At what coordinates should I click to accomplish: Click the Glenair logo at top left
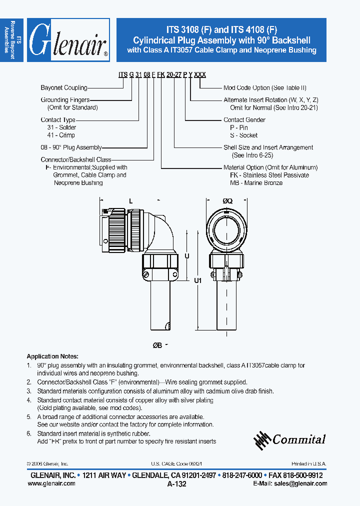(68, 40)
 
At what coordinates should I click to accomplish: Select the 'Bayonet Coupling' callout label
(64, 88)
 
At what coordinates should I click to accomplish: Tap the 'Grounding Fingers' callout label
(65, 100)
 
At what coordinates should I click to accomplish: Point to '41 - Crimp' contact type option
(60, 135)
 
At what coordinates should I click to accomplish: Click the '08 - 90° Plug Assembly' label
(71, 147)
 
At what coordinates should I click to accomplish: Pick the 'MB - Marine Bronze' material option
(256, 183)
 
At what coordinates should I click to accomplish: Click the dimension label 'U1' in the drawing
(197, 281)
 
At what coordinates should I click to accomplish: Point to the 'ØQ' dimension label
(227, 200)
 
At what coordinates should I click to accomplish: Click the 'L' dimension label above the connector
(130, 200)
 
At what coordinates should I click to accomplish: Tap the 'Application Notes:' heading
(52, 356)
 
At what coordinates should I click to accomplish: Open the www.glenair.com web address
(50, 483)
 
